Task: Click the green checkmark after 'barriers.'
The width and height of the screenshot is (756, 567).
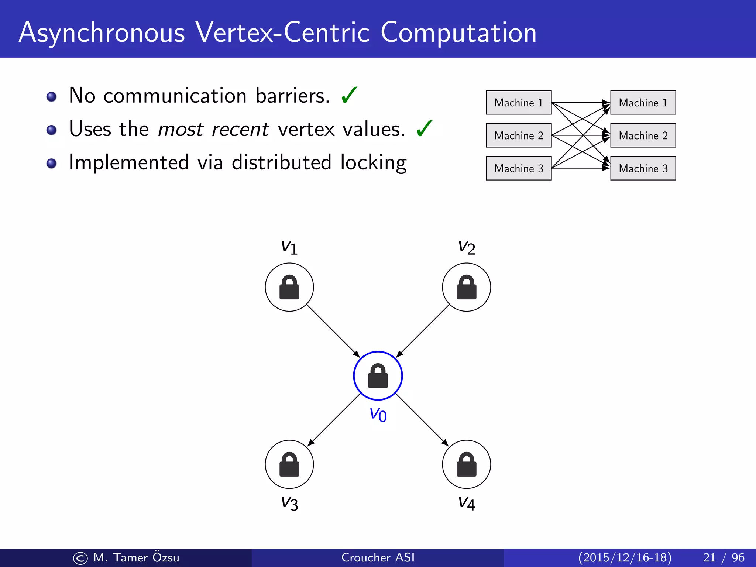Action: pos(349,95)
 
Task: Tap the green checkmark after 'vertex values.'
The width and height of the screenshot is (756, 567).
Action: pos(424,128)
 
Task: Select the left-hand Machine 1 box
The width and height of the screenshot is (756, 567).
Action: pos(518,102)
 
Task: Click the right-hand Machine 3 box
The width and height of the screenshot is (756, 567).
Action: pos(643,168)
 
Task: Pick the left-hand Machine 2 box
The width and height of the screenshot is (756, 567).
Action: pos(518,135)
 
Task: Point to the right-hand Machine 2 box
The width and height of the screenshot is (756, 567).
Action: pos(643,135)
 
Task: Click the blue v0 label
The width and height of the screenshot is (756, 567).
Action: pos(378,415)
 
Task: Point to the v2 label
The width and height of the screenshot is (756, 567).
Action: pos(466,247)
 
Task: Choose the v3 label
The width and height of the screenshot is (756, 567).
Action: pos(289,503)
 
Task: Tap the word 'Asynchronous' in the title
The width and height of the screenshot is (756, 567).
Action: pos(102,33)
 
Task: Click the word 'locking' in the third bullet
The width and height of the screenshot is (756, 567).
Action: pos(373,163)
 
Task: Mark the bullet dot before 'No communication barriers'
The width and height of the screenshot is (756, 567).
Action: pos(51,97)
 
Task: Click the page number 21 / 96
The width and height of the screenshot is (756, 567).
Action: pos(723,557)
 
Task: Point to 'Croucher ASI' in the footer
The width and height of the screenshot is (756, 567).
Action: pos(378,557)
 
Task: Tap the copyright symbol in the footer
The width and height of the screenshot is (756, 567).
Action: pos(80,558)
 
